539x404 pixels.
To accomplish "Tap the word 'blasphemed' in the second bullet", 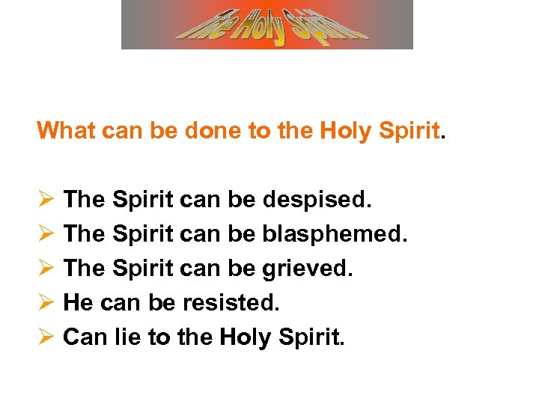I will [x=335, y=235].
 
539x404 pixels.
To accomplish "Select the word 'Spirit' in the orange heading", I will [x=409, y=131].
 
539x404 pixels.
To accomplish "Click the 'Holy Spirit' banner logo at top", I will [x=267, y=24].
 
